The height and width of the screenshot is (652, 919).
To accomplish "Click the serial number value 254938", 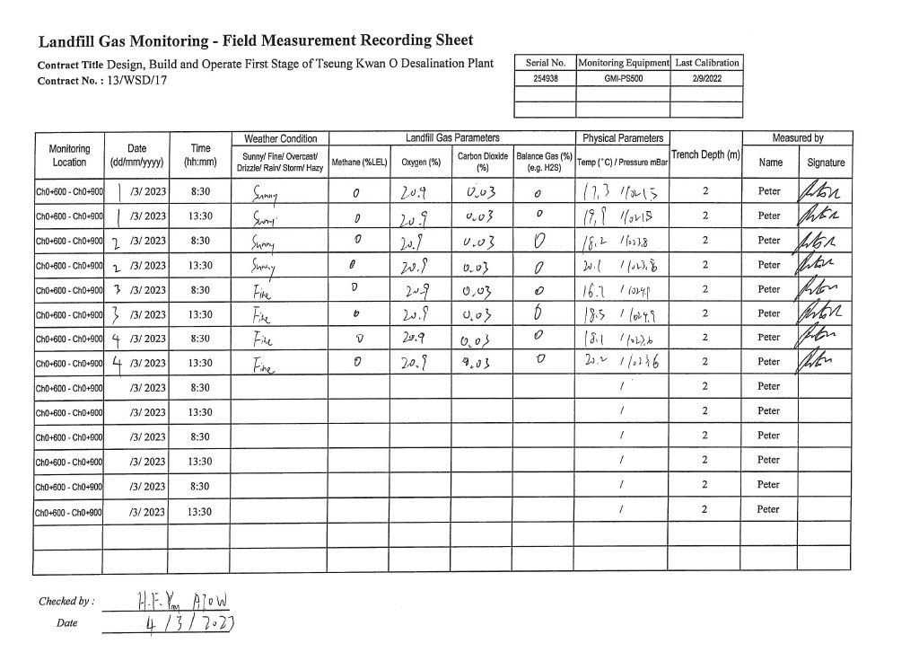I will (544, 78).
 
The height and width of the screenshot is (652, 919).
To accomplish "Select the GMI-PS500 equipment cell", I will (623, 78).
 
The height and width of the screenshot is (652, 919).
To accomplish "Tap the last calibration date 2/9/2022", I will (707, 78).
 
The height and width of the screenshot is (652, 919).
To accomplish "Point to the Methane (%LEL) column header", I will (359, 163).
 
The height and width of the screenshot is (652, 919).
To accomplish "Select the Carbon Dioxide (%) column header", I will (482, 162).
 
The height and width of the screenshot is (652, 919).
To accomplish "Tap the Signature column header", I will (826, 163).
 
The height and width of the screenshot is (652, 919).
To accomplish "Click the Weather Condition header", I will (280, 138).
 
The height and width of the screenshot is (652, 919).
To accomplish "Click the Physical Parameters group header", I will (623, 138).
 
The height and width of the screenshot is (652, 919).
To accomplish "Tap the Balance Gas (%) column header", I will (544, 162).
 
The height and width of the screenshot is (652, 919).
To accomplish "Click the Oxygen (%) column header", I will (421, 163).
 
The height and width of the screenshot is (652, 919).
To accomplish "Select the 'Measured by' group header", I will (798, 138).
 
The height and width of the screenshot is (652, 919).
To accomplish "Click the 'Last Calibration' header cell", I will (707, 63).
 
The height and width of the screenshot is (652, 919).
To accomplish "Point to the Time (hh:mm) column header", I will (201, 155).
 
